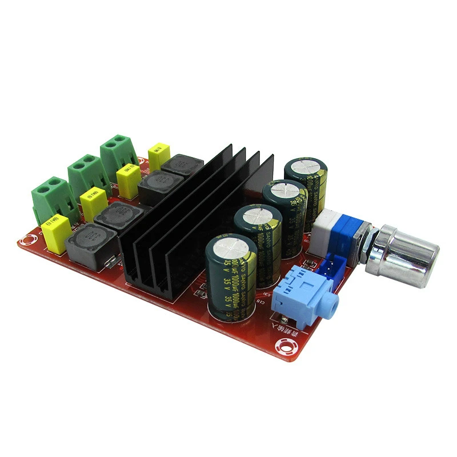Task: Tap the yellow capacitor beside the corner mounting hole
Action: (x=57, y=234)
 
